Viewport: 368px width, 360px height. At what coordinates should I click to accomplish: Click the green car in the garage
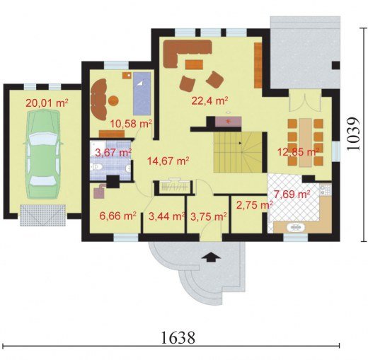[42, 154]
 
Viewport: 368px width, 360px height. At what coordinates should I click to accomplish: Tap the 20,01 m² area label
[47, 103]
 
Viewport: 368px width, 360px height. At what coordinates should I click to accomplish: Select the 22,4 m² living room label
[209, 101]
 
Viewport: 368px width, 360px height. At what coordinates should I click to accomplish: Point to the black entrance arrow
[212, 257]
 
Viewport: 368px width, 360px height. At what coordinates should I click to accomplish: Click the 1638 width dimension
[178, 337]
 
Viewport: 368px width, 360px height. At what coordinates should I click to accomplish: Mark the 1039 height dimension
[354, 134]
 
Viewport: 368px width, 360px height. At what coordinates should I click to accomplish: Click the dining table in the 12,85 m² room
[306, 142]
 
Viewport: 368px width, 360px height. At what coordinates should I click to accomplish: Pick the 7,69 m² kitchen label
[292, 194]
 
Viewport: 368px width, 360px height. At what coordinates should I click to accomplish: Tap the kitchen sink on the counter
[296, 227]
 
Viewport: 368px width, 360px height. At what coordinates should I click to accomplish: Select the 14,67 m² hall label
[168, 161]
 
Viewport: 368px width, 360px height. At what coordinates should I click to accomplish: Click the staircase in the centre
[238, 152]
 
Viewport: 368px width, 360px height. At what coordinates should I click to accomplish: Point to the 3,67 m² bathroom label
[113, 153]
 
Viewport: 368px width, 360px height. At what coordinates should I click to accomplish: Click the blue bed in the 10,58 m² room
[142, 93]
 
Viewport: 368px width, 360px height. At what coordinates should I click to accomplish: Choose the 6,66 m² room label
[117, 216]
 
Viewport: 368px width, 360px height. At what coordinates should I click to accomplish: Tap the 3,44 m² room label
[166, 216]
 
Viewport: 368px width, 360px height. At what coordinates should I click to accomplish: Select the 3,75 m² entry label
[208, 216]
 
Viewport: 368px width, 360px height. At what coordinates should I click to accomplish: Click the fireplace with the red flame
[228, 122]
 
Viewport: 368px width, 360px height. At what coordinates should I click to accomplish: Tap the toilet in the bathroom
[97, 167]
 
